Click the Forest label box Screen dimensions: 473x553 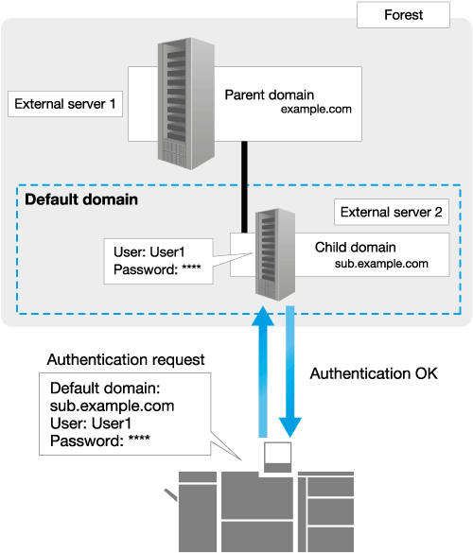pos(403,15)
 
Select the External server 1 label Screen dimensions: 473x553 pos(65,104)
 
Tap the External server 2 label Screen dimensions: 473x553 pos(392,212)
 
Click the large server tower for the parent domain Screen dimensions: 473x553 pos(186,103)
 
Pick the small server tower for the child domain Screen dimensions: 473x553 pos(275,254)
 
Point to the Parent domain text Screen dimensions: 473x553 pos(270,95)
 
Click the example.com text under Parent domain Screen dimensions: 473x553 pos(316,110)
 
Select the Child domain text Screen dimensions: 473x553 pos(355,248)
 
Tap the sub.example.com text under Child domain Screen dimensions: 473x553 pos(381,264)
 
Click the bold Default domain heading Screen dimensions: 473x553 pos(81,199)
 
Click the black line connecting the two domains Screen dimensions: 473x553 pos(244,187)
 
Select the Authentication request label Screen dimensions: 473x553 pos(126,360)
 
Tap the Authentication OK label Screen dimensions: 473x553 pos(374,373)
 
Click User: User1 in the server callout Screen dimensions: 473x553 pos(149,252)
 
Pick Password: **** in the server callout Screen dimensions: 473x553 pos(157,269)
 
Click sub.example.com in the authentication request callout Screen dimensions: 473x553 pos(113,406)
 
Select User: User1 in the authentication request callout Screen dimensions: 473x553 pos(91,423)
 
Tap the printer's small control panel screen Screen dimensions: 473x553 pos(278,453)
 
